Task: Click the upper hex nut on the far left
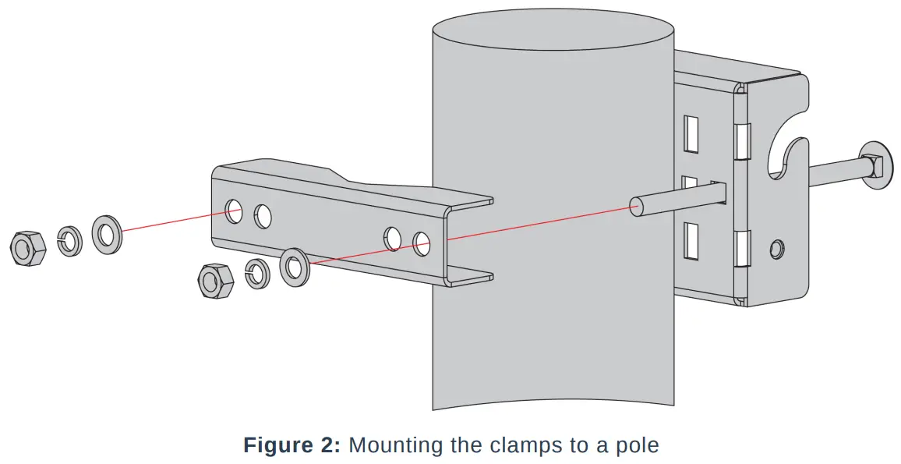pos(27,249)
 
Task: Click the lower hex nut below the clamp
pos(215,281)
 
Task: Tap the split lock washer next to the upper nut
pos(70,240)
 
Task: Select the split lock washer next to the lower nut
pos(256,273)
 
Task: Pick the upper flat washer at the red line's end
pos(106,234)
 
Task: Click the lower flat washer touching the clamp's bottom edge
pos(295,267)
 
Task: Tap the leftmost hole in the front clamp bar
pos(234,209)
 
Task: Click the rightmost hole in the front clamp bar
pos(422,243)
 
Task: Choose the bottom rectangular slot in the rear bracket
pos(690,241)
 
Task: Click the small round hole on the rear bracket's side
pos(776,249)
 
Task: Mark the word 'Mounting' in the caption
pos(396,446)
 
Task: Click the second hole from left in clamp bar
pos(263,216)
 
